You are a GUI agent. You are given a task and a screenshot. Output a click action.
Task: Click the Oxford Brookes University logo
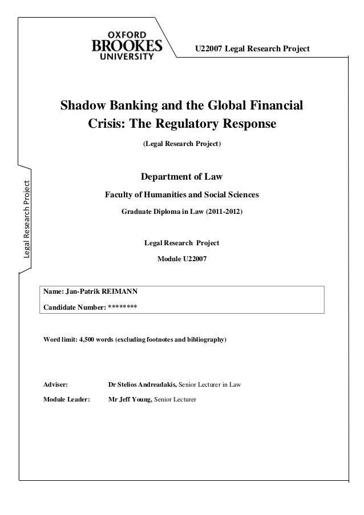click(x=127, y=41)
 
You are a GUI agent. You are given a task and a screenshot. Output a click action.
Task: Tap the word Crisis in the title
click(x=105, y=124)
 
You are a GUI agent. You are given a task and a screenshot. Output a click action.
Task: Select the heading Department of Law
click(x=181, y=176)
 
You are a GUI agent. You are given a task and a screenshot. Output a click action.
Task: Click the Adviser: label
click(x=56, y=384)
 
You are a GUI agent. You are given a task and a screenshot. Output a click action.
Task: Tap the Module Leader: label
click(x=67, y=400)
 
